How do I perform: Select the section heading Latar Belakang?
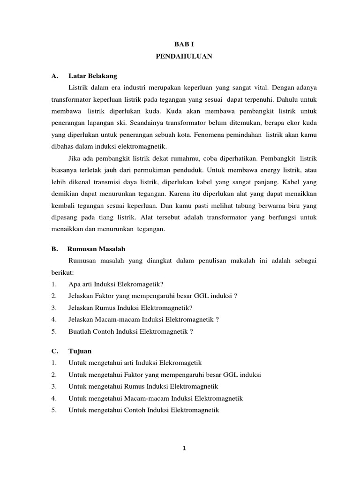tap(92, 75)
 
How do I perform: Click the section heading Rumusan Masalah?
tap(96, 248)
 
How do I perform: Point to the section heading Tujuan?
tap(80, 351)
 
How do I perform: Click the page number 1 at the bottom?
tap(184, 448)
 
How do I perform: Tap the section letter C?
tap(55, 351)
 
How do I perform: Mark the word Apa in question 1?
tap(74, 284)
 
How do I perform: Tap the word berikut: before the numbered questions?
tap(63, 272)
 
